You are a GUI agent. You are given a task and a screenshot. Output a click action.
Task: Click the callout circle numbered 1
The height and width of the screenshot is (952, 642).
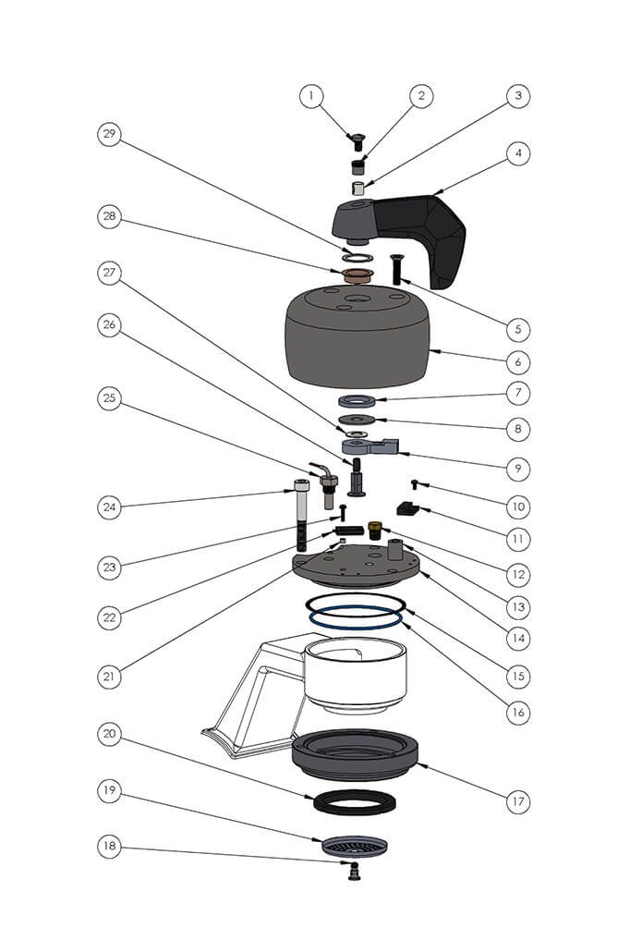[x=311, y=95]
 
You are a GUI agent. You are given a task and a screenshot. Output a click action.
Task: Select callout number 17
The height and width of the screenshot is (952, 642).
[x=519, y=801]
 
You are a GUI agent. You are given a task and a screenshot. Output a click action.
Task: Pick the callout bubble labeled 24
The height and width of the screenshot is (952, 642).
[x=110, y=507]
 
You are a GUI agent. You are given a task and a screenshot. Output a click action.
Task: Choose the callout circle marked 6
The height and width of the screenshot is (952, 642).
[x=519, y=361]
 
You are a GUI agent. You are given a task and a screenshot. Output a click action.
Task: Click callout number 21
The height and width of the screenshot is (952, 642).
[x=110, y=676]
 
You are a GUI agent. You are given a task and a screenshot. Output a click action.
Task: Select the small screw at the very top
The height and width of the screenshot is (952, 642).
[x=355, y=141]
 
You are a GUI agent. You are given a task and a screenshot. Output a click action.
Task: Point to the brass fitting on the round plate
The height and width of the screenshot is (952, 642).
[x=376, y=530]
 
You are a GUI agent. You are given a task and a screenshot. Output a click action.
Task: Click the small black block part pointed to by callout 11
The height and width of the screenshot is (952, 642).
[x=406, y=507]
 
